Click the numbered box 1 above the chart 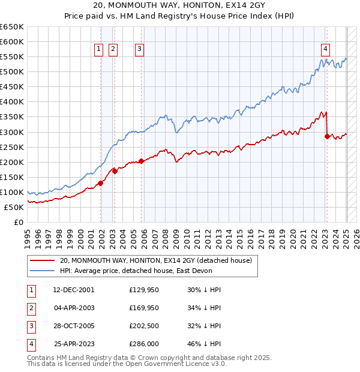click(x=98, y=50)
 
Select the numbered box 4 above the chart click(x=325, y=50)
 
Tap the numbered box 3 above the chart click(x=139, y=50)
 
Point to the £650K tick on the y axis click(x=12, y=27)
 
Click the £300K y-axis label click(x=12, y=132)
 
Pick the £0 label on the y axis click(x=20, y=222)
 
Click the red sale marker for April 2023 click(x=327, y=136)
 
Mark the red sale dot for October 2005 click(x=141, y=161)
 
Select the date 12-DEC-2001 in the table click(x=74, y=290)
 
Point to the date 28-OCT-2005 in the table click(x=74, y=326)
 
